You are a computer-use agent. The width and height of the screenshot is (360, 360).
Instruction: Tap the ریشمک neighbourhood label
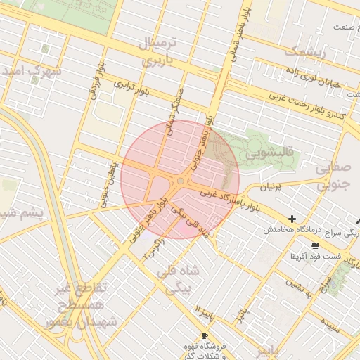pos(304,51)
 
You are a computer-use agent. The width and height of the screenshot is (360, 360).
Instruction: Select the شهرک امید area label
pos(32,72)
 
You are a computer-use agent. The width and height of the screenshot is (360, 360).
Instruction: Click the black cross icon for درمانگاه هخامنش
pos(292,219)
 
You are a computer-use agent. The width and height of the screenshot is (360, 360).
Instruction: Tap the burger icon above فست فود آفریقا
pos(314,245)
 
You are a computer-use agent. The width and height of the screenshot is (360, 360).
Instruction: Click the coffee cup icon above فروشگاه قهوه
pos(205,335)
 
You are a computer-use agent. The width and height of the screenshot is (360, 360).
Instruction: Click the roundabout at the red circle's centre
pos(180,180)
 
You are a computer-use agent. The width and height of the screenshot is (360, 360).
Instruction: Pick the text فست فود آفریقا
pos(313,256)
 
